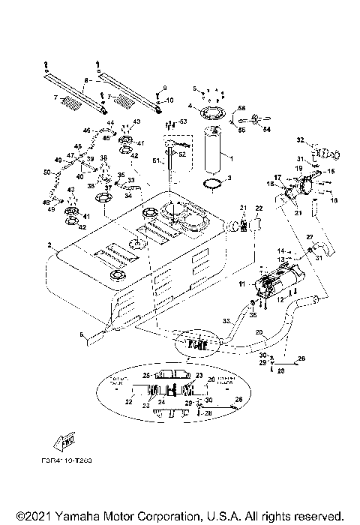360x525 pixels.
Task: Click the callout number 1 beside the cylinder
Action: point(232,159)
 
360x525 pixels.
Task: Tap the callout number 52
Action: point(182,154)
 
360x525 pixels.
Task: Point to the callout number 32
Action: point(299,139)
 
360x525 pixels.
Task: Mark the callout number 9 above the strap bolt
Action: point(165,88)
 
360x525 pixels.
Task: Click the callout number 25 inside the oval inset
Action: point(148,374)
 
